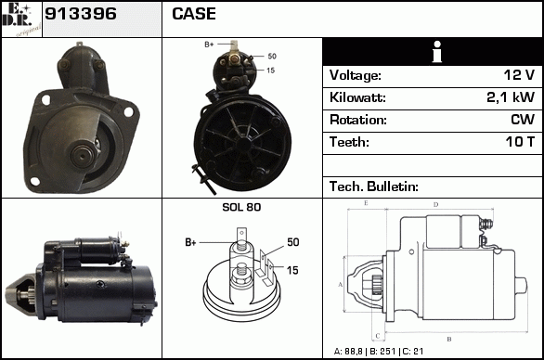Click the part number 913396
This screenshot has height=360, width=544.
click(x=81, y=14)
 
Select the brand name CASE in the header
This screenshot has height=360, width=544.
click(x=194, y=14)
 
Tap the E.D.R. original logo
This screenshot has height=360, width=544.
click(x=21, y=19)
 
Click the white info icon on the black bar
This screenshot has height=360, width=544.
click(x=437, y=52)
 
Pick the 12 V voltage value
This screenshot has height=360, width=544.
click(x=519, y=75)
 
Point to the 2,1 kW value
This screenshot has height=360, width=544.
click(x=511, y=97)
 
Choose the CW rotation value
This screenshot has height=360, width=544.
click(x=523, y=120)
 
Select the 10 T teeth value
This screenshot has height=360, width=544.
click(x=520, y=142)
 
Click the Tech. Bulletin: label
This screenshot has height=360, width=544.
click(x=374, y=186)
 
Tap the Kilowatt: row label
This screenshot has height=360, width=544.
click(x=357, y=97)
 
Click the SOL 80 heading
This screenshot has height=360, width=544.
click(x=241, y=207)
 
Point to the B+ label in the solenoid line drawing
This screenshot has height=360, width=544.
click(x=190, y=242)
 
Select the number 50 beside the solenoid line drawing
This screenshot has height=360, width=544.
click(x=292, y=242)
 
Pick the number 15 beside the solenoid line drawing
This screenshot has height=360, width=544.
click(x=292, y=270)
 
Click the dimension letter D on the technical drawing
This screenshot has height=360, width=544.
click(x=435, y=205)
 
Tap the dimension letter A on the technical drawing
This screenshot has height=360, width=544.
click(x=341, y=285)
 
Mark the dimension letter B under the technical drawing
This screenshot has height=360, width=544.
click(x=449, y=339)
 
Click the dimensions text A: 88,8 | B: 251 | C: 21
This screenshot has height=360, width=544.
click(x=379, y=352)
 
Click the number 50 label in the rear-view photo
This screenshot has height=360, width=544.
click(x=272, y=57)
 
